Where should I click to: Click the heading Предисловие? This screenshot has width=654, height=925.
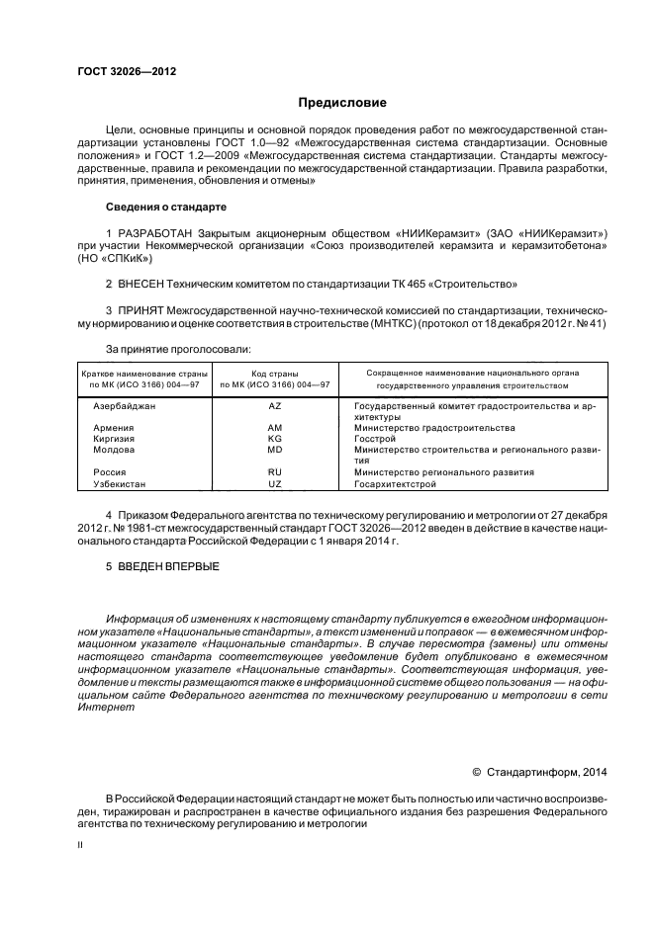(x=343, y=103)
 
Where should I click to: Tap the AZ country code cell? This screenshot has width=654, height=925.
(x=275, y=406)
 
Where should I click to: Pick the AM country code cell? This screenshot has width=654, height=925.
(x=275, y=428)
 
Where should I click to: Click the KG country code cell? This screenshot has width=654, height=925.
(x=275, y=439)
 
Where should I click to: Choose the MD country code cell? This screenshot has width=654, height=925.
(x=275, y=450)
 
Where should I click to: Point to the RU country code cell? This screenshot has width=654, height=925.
(x=275, y=472)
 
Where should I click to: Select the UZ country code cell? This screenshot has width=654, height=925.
(x=275, y=484)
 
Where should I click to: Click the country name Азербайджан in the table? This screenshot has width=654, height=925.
(x=124, y=406)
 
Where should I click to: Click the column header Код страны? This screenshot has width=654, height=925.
(x=275, y=373)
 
